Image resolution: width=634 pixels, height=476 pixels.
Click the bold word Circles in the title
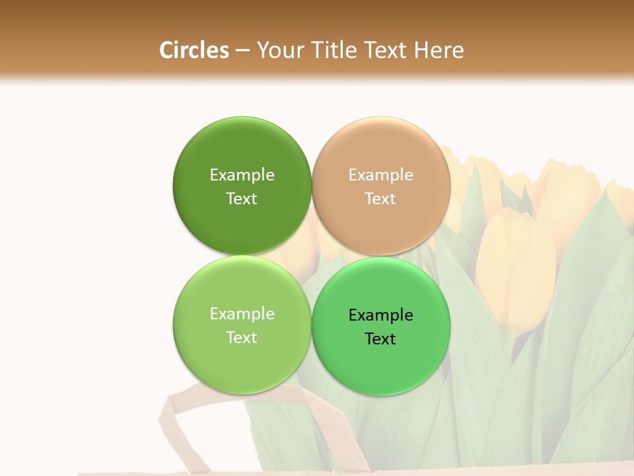click(194, 50)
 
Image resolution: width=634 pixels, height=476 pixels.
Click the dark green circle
click(242, 186)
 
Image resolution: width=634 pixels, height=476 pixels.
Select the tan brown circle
click(381, 186)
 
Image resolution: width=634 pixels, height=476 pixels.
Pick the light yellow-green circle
click(242, 325)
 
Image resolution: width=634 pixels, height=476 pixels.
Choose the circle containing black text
click(381, 326)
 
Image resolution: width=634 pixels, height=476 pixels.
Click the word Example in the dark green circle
click(242, 175)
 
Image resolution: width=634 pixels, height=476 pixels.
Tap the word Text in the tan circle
click(380, 198)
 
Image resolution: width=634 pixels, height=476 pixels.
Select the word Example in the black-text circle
click(380, 315)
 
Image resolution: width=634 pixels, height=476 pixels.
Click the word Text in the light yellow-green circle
click(242, 337)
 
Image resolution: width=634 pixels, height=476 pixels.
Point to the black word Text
click(380, 338)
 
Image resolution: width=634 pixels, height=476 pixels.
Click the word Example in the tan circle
click(380, 175)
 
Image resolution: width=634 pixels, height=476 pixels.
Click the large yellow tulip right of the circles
click(516, 264)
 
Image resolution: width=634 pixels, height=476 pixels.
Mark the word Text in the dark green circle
click(242, 198)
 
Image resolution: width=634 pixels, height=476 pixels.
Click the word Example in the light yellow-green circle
click(242, 313)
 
